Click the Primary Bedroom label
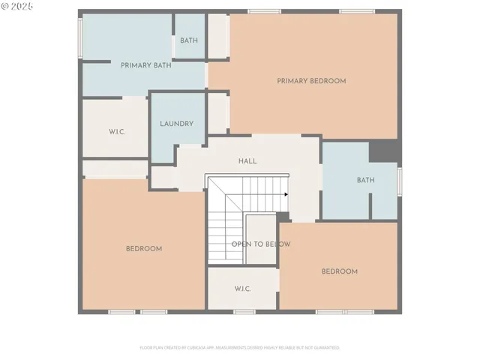(x=311, y=81)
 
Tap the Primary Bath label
(x=146, y=65)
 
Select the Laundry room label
(x=177, y=124)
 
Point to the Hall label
(x=247, y=161)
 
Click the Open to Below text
(x=261, y=244)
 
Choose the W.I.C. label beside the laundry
(x=116, y=131)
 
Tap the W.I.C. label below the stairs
(x=242, y=289)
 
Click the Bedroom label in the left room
(x=144, y=249)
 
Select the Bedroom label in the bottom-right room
(x=340, y=271)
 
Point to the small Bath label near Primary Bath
(x=189, y=40)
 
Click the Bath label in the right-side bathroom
(x=365, y=180)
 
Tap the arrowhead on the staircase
(x=286, y=194)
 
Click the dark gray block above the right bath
(x=385, y=150)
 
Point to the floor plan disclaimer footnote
(x=239, y=348)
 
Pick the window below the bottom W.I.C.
(x=244, y=311)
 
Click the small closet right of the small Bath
(x=217, y=35)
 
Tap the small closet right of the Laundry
(x=217, y=112)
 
